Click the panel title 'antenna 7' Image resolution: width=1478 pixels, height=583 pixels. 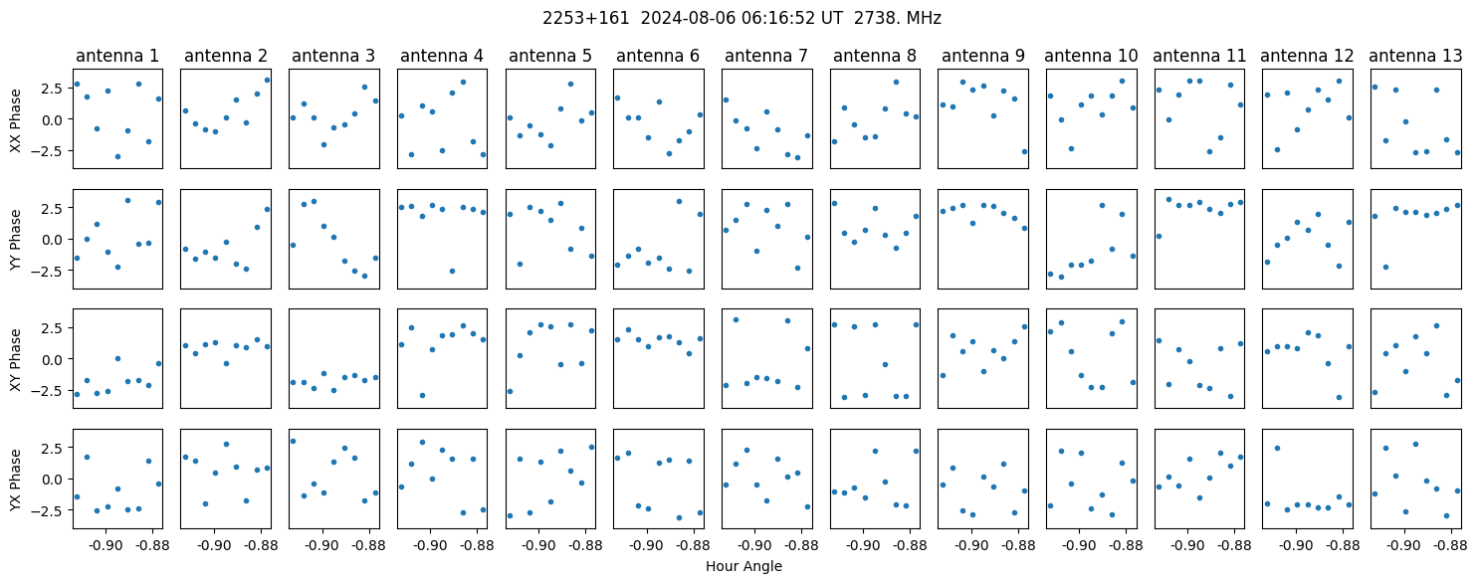tap(766, 56)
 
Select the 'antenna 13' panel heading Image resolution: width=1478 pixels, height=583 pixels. tap(1415, 56)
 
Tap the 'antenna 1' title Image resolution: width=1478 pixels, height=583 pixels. tap(117, 56)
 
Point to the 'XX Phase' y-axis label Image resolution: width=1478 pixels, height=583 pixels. tap(16, 120)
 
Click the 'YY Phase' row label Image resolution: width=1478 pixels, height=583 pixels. tap(16, 240)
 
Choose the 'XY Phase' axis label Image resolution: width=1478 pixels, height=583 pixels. tap(16, 359)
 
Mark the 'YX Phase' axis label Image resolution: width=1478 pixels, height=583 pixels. tap(16, 480)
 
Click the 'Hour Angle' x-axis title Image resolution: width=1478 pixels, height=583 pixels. tap(743, 566)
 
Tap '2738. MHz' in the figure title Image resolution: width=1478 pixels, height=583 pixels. tap(898, 19)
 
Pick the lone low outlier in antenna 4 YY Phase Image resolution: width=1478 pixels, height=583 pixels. tap(452, 271)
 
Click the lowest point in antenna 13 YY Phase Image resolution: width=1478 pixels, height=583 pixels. tap(1385, 267)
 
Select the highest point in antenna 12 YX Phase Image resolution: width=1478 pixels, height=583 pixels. tap(1277, 449)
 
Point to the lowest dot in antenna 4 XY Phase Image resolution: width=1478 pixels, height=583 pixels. tap(422, 396)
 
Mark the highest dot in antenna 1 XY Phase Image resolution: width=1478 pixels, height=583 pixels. tap(117, 359)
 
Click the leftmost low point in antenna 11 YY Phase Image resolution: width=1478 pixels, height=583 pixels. tap(1159, 236)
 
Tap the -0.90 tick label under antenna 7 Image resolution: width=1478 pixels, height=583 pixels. tap(755, 545)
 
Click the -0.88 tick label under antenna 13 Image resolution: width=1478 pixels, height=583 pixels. tap(1450, 545)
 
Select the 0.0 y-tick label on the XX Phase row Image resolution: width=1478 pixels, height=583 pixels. tap(56, 119)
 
